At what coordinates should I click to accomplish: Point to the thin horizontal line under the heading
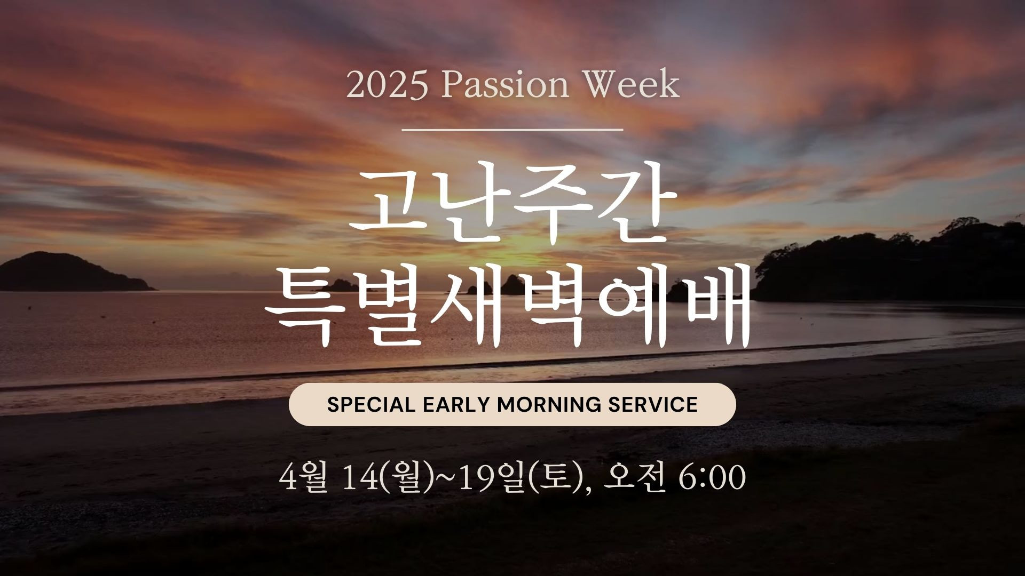tap(512, 129)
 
